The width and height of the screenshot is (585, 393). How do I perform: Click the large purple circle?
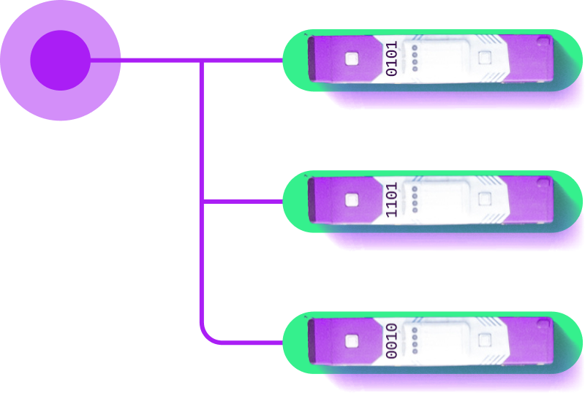pos(60,61)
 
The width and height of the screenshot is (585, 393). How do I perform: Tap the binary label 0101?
pos(392,58)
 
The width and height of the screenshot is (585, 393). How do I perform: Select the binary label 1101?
pos(392,199)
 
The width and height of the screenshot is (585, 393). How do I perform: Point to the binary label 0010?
pos(392,340)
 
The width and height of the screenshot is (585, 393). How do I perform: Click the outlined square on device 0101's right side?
pos(484,58)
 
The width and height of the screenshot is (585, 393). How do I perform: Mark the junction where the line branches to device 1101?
pos(200,201)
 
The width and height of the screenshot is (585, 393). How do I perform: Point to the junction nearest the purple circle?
pos(200,61)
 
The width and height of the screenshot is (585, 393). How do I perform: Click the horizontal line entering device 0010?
pos(249,342)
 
